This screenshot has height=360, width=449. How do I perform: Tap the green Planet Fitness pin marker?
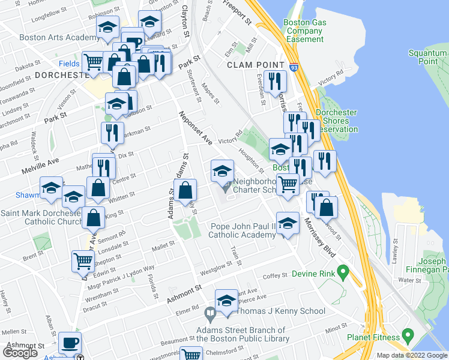[x=408, y=334]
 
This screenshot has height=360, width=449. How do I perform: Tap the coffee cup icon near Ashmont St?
[x=70, y=343]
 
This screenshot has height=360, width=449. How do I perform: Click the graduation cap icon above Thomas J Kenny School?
[x=226, y=300]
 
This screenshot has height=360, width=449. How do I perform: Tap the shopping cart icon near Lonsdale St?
[x=83, y=260]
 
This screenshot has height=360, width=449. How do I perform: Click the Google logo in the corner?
[x=20, y=352]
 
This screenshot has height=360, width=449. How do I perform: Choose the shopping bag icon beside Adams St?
[x=187, y=190]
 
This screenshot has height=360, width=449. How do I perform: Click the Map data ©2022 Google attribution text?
[x=411, y=355]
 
